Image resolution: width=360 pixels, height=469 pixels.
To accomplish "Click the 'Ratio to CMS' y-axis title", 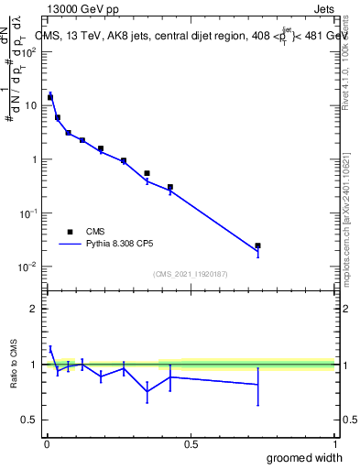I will tap(15, 364).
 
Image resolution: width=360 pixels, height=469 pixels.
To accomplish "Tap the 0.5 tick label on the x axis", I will tap(191, 444).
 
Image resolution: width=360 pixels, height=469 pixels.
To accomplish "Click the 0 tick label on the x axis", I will tap(47, 444).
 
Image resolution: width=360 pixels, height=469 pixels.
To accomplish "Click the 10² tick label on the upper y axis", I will tap(31, 51).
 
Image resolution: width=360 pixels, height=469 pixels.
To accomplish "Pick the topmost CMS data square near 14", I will tap(50, 96).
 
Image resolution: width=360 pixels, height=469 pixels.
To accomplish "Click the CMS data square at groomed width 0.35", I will tap(147, 173).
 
